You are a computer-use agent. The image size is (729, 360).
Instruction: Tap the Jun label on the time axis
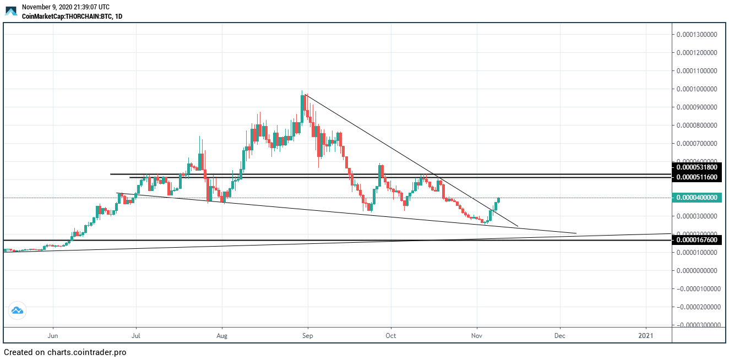(x=53, y=335)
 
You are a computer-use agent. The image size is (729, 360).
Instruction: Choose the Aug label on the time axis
(x=222, y=335)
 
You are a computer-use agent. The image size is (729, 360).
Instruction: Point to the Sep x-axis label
(x=308, y=335)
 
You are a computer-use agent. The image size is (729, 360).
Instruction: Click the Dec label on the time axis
(x=560, y=335)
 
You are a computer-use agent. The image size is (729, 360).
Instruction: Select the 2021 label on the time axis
(x=646, y=335)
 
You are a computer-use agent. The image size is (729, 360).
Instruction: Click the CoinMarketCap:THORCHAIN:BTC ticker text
(x=72, y=17)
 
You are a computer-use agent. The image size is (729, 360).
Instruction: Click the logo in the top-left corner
(x=11, y=11)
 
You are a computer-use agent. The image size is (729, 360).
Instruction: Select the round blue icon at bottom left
(x=17, y=310)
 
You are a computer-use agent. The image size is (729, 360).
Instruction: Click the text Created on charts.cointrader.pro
(x=65, y=352)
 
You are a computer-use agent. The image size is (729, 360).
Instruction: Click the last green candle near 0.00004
(x=499, y=200)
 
